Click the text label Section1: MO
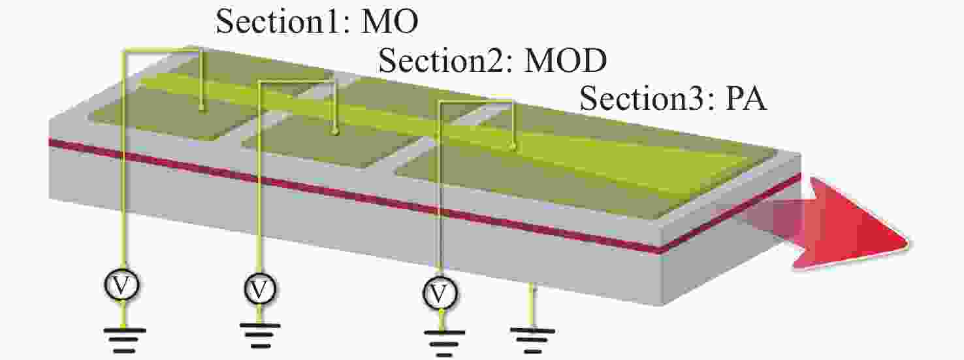317,21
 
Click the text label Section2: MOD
492,60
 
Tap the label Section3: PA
673,99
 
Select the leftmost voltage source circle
121,285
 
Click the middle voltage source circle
259,289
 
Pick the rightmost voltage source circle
440,293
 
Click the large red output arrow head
852,224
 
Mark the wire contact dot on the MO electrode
202,110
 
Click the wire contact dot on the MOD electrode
335,132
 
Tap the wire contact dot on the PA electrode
512,146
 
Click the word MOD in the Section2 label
565,60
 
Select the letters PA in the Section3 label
747,99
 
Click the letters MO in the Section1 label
389,21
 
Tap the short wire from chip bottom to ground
532,306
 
